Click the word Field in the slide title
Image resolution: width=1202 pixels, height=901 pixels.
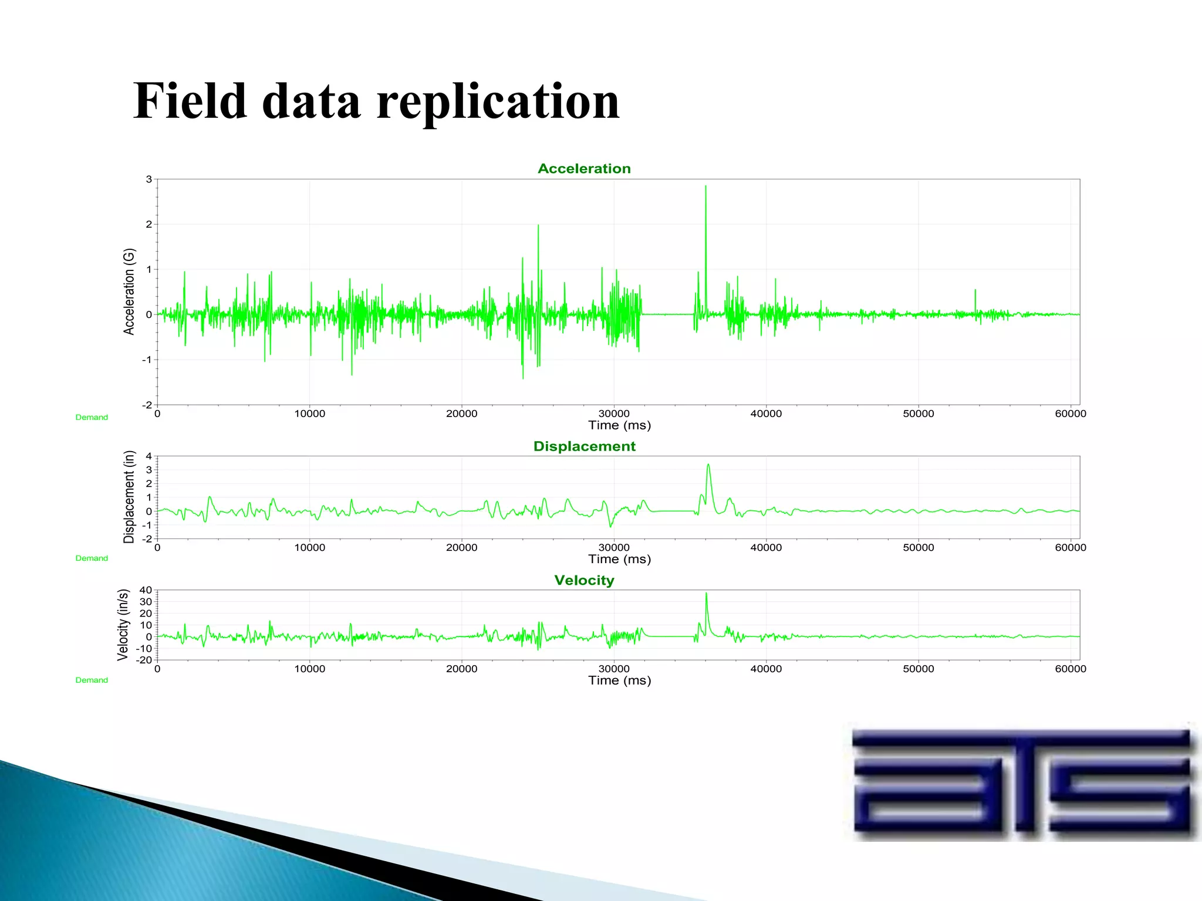(x=190, y=101)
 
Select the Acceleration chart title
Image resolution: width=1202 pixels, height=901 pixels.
(x=584, y=169)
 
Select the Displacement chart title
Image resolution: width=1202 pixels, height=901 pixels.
(x=584, y=446)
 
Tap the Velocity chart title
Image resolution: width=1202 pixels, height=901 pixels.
(x=584, y=580)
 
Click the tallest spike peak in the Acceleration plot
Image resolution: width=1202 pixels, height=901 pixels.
(x=705, y=187)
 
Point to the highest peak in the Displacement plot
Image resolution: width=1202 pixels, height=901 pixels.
(x=708, y=465)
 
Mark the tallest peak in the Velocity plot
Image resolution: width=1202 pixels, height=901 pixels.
(x=706, y=594)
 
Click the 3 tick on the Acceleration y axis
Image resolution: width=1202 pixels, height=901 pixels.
(x=149, y=179)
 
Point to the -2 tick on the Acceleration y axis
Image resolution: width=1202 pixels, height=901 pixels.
(x=147, y=405)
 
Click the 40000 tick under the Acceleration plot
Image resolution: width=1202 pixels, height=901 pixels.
(x=766, y=414)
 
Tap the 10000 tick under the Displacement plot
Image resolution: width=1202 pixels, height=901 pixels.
(x=309, y=547)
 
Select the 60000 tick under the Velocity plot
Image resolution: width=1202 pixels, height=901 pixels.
(x=1071, y=669)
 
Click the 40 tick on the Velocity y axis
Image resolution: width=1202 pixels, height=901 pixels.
(x=146, y=590)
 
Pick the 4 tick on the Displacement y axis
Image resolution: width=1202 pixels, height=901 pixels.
(x=149, y=456)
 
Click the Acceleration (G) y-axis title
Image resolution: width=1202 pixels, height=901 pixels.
(x=129, y=292)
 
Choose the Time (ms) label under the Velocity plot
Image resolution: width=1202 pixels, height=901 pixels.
(x=620, y=680)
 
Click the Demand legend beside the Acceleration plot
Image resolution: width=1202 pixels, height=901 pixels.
(x=92, y=418)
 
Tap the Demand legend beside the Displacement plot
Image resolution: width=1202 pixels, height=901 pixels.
(x=92, y=558)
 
